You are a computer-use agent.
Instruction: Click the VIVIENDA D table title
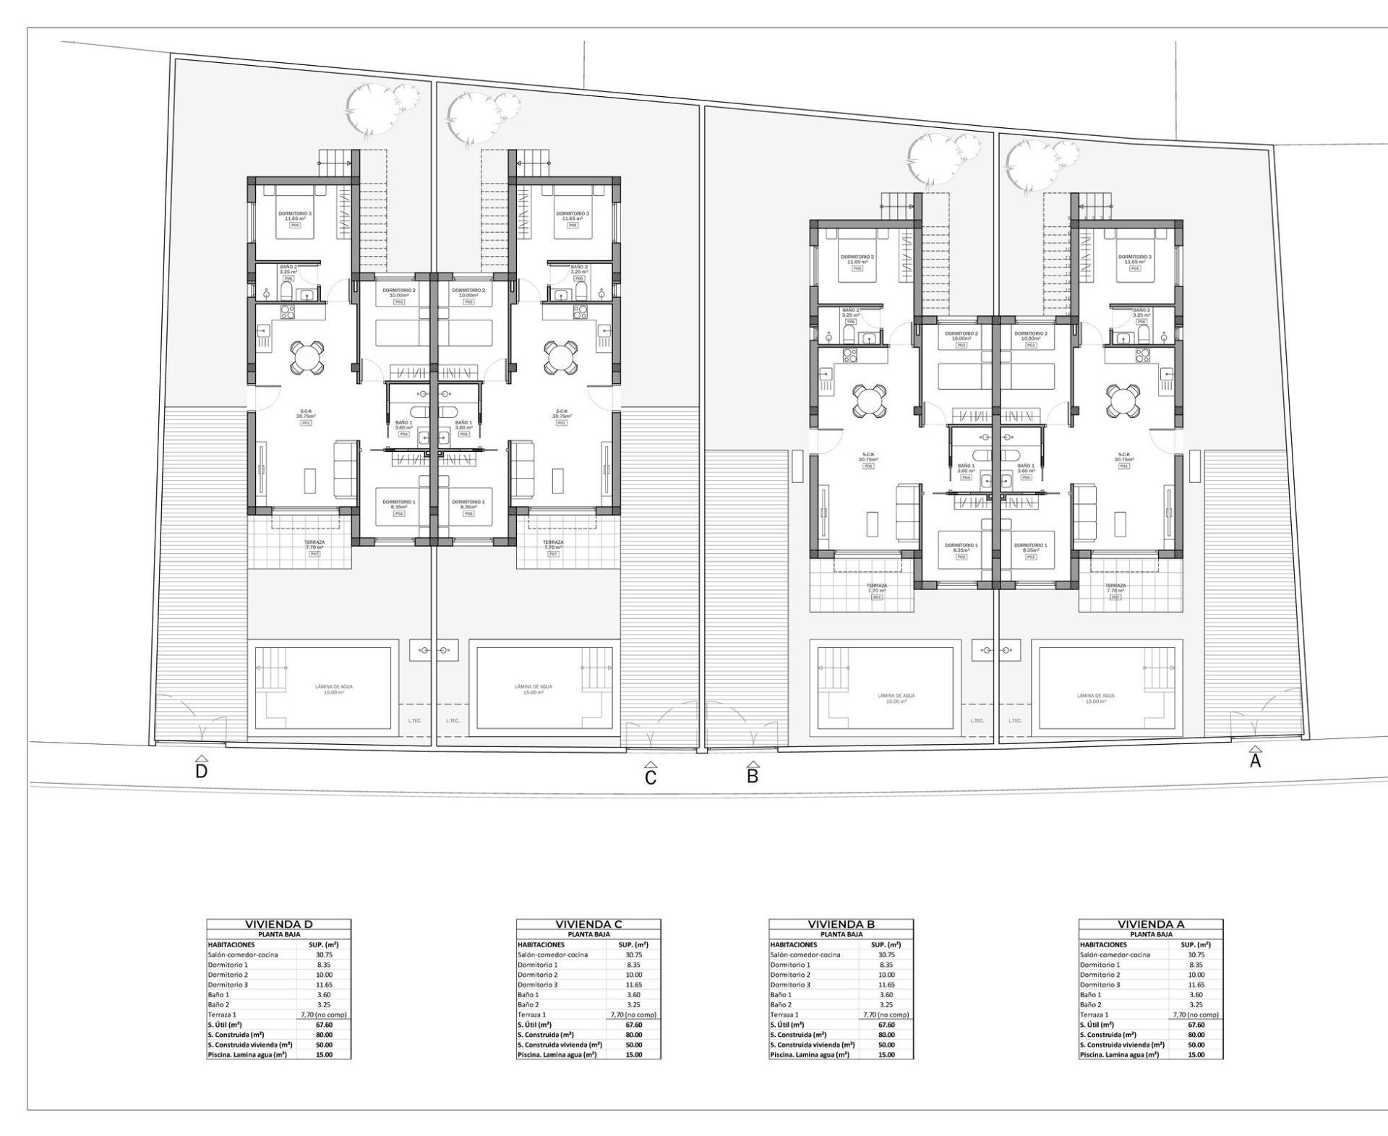[278, 924]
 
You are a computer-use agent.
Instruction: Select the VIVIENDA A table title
[1151, 924]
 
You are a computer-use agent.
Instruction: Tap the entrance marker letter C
[651, 778]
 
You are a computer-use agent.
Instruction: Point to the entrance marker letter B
[753, 777]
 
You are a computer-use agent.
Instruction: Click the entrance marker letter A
[1256, 761]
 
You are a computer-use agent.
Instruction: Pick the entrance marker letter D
[202, 772]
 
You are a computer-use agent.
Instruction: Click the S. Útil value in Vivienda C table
[633, 1025]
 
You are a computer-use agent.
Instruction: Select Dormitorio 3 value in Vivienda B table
[886, 985]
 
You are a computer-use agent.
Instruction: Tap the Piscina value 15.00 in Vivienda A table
[1196, 1054]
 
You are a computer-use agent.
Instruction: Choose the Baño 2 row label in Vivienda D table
[218, 1004]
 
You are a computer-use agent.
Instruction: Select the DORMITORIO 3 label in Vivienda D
[295, 215]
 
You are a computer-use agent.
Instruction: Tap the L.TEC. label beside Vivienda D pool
[415, 720]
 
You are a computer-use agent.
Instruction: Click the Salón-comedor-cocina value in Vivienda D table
[324, 955]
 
